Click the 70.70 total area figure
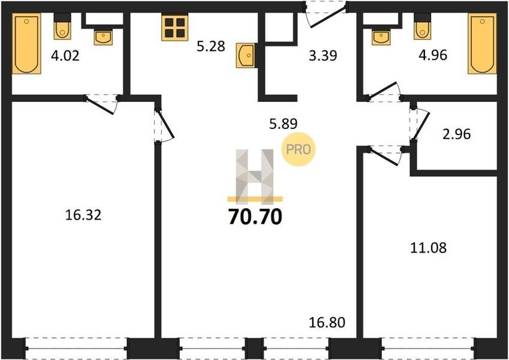click(x=255, y=217)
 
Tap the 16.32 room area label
click(x=83, y=215)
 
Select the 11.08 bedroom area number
click(x=429, y=248)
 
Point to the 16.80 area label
click(x=327, y=323)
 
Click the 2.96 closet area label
click(x=456, y=134)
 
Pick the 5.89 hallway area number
click(x=284, y=124)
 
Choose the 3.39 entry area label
click(x=323, y=56)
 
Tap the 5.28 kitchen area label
click(x=211, y=46)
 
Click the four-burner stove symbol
click(x=175, y=28)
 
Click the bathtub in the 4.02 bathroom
click(x=26, y=44)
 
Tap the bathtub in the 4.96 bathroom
click(x=482, y=44)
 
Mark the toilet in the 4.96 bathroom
click(x=422, y=26)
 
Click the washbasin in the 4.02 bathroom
click(x=104, y=37)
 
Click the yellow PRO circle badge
click(x=299, y=149)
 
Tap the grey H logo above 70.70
click(x=255, y=176)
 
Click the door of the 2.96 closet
click(x=421, y=124)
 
